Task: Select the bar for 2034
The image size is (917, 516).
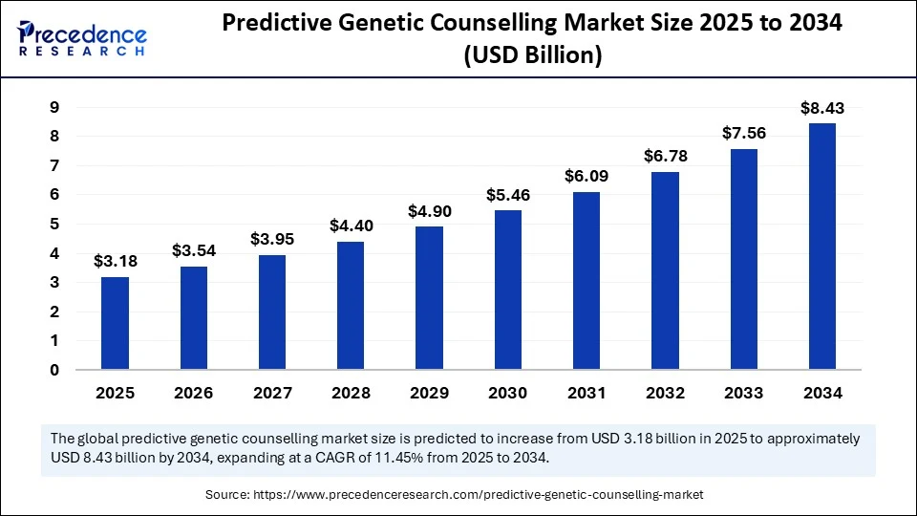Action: (x=822, y=247)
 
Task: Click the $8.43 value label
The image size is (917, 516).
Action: (x=822, y=108)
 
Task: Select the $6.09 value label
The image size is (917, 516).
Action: (x=586, y=177)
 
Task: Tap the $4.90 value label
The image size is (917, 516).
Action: (x=429, y=211)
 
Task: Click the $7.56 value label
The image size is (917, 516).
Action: (x=745, y=134)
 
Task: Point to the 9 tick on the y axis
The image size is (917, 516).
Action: (x=54, y=108)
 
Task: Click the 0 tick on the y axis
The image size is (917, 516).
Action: (x=54, y=370)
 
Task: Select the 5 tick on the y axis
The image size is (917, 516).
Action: (x=54, y=225)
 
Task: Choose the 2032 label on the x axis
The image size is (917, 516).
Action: (x=666, y=393)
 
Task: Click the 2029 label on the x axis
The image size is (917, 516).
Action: (x=429, y=393)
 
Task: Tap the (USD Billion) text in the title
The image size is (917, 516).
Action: (x=532, y=56)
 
